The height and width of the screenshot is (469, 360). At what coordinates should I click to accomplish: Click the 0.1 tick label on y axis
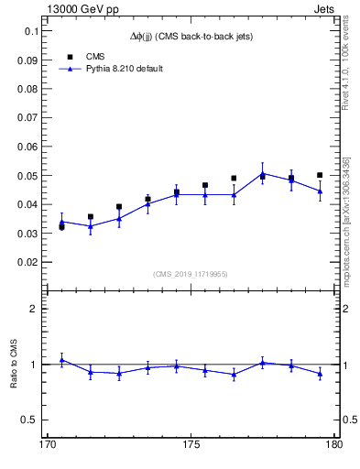[32, 31]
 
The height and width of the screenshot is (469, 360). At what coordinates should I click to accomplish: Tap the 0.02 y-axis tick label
[28, 262]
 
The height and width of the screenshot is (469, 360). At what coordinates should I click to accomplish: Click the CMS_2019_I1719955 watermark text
[190, 273]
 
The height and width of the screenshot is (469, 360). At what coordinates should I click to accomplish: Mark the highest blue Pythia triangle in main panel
[262, 173]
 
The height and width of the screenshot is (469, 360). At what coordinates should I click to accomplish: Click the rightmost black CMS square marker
[320, 175]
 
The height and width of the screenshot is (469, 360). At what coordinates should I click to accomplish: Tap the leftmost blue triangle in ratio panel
[61, 360]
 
